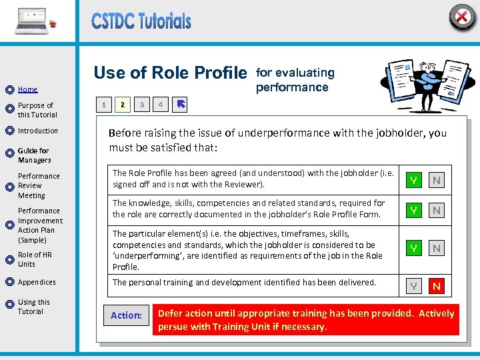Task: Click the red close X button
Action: point(461,16)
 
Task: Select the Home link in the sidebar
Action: point(27,89)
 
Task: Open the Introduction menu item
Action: point(38,131)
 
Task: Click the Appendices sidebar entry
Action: point(37,282)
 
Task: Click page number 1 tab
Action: point(103,105)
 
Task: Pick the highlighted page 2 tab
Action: point(122,105)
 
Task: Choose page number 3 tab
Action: point(141,105)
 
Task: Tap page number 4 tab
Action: point(160,105)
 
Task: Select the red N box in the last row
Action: point(437,287)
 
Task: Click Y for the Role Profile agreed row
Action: point(414,181)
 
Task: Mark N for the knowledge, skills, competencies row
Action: point(437,211)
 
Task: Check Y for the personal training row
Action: point(414,287)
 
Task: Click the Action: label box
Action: point(126,315)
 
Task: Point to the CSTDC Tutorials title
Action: point(141,21)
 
